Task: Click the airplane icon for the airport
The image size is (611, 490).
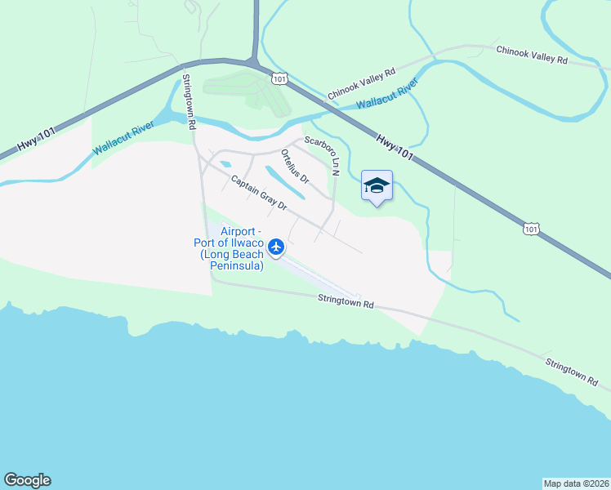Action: (x=276, y=246)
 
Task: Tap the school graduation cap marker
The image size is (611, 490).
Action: (x=377, y=186)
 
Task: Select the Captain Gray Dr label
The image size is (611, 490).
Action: (x=258, y=194)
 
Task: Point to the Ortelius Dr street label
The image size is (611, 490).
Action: (x=295, y=166)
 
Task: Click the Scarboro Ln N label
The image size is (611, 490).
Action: (x=323, y=154)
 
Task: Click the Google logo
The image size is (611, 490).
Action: (x=27, y=480)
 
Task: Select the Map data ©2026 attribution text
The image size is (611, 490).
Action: (x=575, y=483)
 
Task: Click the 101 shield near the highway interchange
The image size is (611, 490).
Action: (x=280, y=78)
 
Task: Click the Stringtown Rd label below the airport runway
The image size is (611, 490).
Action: (x=346, y=302)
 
